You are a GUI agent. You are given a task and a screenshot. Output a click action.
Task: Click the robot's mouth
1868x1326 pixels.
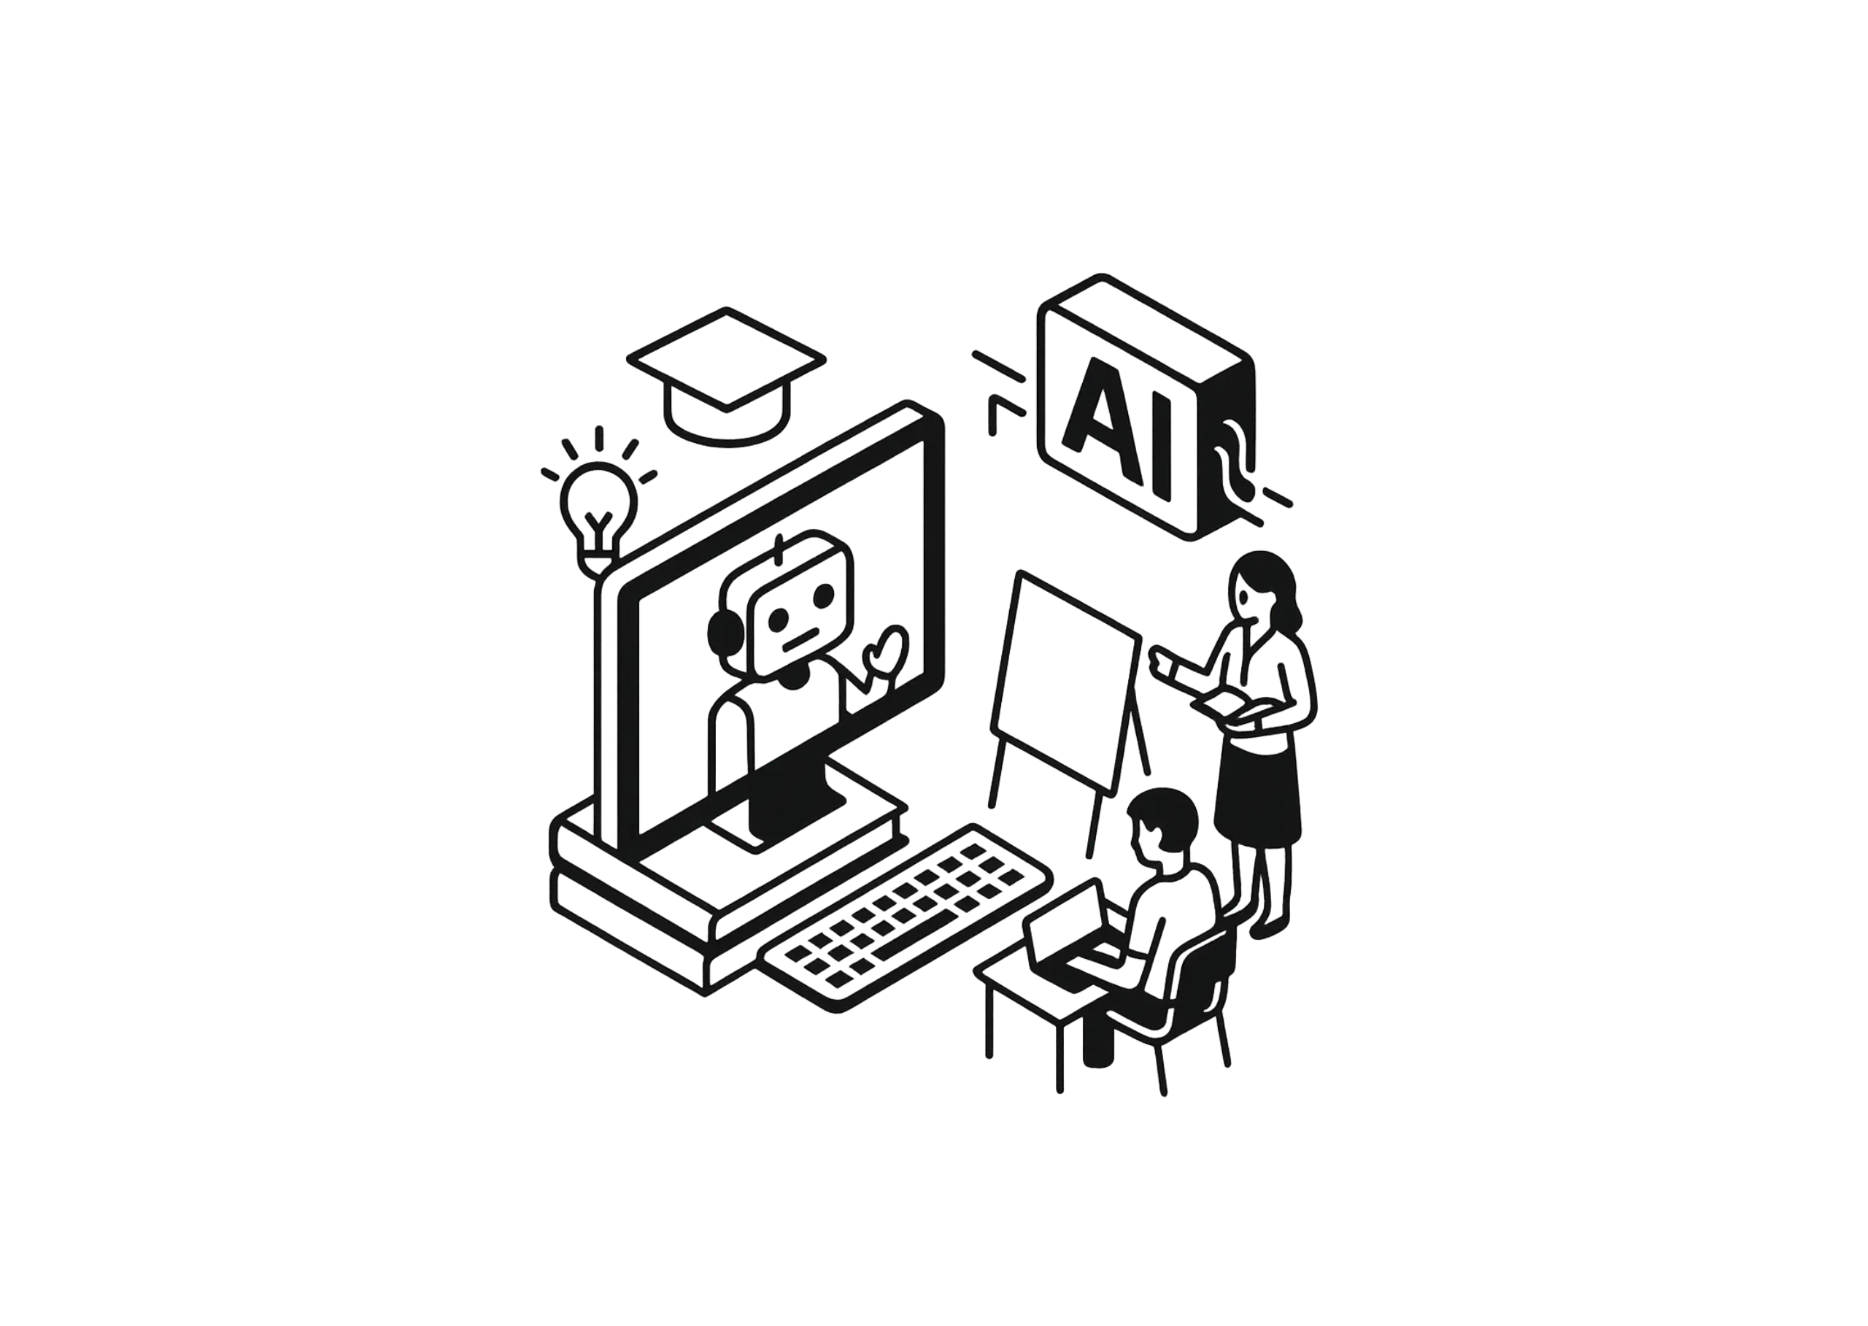coord(800,638)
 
